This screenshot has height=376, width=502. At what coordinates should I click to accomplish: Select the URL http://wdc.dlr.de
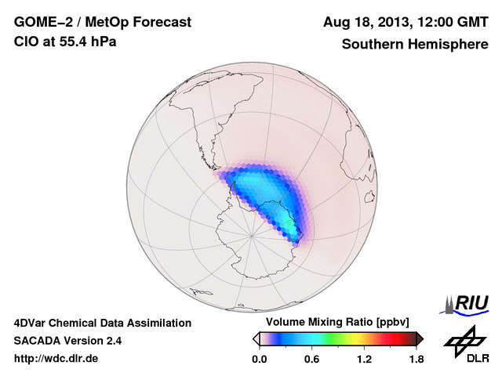[x=57, y=359]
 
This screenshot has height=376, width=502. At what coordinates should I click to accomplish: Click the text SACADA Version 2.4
[x=67, y=341]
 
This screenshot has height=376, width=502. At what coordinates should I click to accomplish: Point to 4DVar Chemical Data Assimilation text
[x=102, y=323]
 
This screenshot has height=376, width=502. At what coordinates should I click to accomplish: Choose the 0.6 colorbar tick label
[x=311, y=359]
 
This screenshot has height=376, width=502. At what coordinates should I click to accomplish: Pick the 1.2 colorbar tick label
[x=364, y=359]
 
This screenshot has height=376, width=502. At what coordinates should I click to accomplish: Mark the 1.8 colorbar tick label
[x=416, y=359]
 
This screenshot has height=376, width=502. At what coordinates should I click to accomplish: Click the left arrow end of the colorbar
[x=256, y=338]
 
